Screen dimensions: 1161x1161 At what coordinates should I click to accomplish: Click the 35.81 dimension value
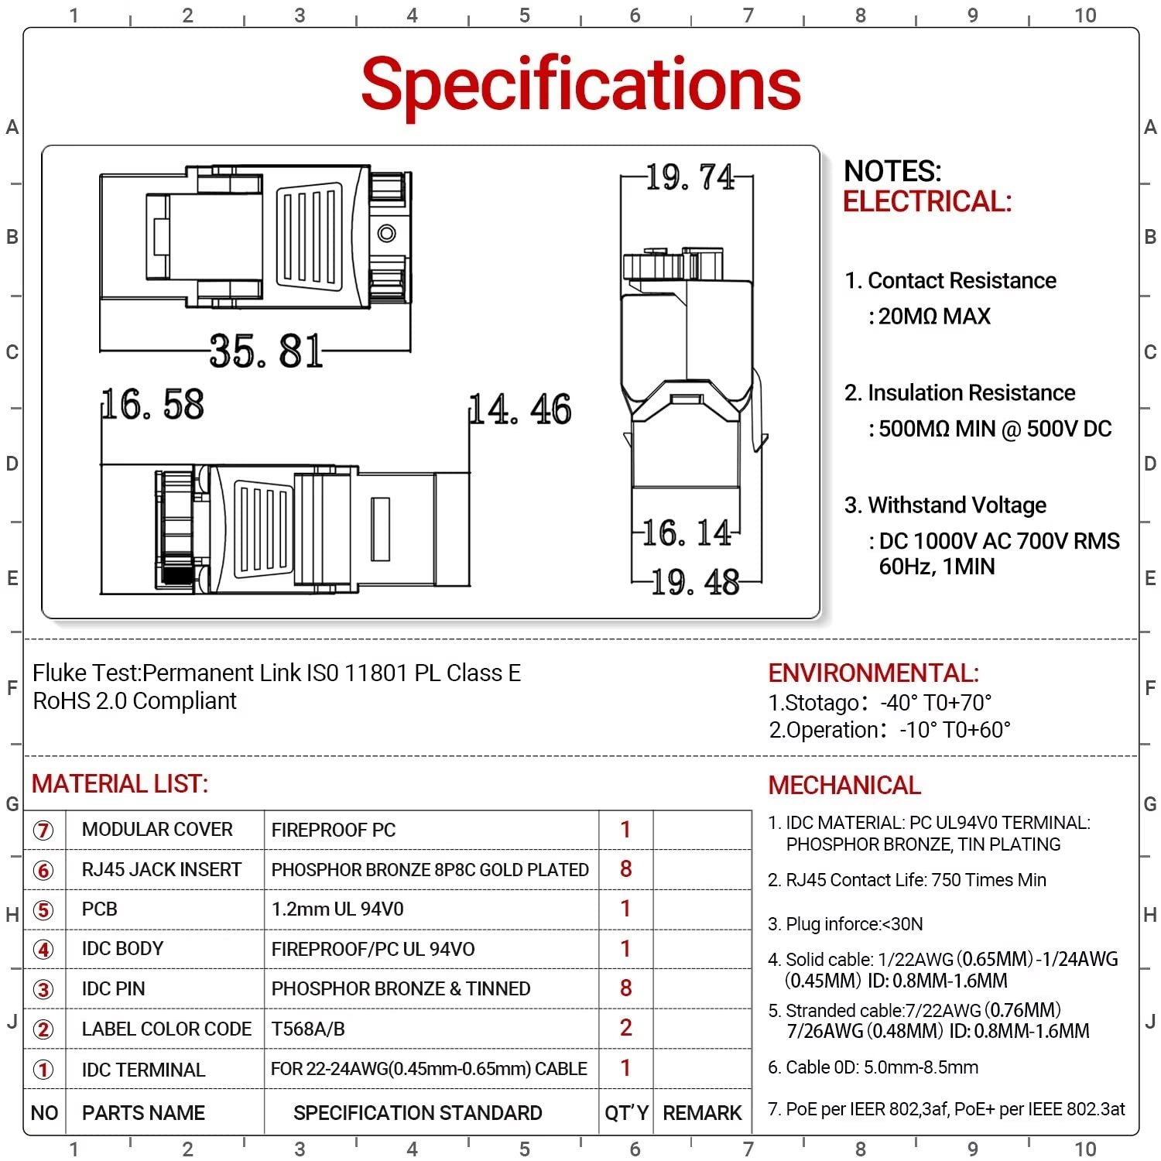(x=265, y=351)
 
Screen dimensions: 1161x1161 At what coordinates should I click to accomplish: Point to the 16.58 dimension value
(x=153, y=405)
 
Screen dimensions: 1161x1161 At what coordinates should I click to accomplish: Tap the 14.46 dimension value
(x=521, y=409)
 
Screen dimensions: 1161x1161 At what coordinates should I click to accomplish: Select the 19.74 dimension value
(x=690, y=177)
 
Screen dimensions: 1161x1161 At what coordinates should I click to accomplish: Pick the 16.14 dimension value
(x=687, y=533)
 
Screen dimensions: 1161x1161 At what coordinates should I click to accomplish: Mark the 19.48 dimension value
(x=695, y=582)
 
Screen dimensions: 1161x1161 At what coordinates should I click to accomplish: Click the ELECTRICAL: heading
(x=926, y=202)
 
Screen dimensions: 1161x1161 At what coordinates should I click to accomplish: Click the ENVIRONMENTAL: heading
(x=873, y=673)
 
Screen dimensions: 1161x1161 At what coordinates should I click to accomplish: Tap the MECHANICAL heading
(x=844, y=786)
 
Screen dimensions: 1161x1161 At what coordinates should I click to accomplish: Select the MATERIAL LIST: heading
(x=120, y=784)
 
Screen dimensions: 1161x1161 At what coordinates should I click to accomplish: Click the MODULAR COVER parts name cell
(x=157, y=830)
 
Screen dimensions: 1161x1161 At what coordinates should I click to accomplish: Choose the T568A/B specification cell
(x=308, y=1029)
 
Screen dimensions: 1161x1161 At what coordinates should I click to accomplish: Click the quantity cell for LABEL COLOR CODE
(x=626, y=1028)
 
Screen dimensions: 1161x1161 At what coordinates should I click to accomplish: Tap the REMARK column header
(x=702, y=1113)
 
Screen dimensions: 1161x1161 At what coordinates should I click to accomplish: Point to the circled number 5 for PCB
(x=43, y=910)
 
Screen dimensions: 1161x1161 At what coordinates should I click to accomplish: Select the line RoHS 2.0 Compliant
(x=135, y=701)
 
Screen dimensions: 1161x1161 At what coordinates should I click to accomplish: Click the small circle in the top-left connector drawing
(x=386, y=233)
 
